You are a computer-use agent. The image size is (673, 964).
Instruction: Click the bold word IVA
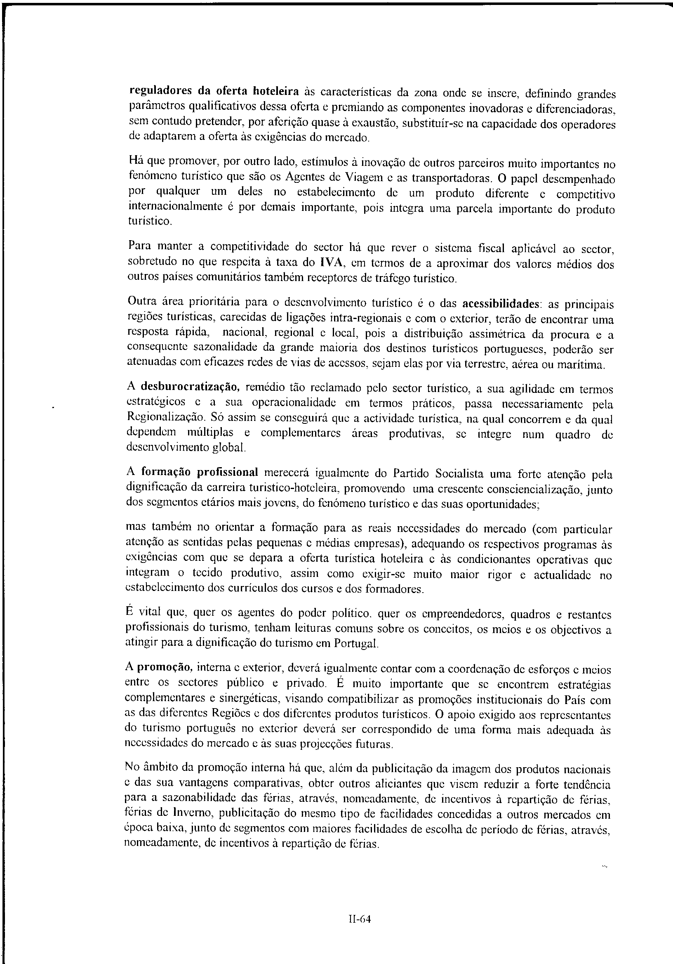click(332, 263)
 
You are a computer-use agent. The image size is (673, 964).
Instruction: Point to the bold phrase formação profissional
click(199, 472)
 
